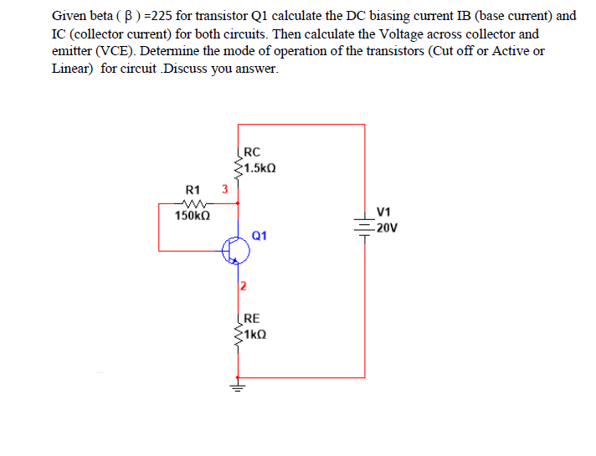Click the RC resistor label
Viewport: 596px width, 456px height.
coord(252,152)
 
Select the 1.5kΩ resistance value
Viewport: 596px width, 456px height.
coord(259,167)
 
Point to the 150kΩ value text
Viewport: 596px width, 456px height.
coord(193,217)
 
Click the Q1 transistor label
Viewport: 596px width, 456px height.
coord(259,236)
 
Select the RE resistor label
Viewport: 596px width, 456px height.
coord(252,318)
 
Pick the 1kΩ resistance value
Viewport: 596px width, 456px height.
coord(255,333)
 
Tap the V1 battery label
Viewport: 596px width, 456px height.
coord(384,213)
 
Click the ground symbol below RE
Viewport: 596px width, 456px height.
coord(239,387)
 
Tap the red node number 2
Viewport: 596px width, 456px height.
coord(243,286)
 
